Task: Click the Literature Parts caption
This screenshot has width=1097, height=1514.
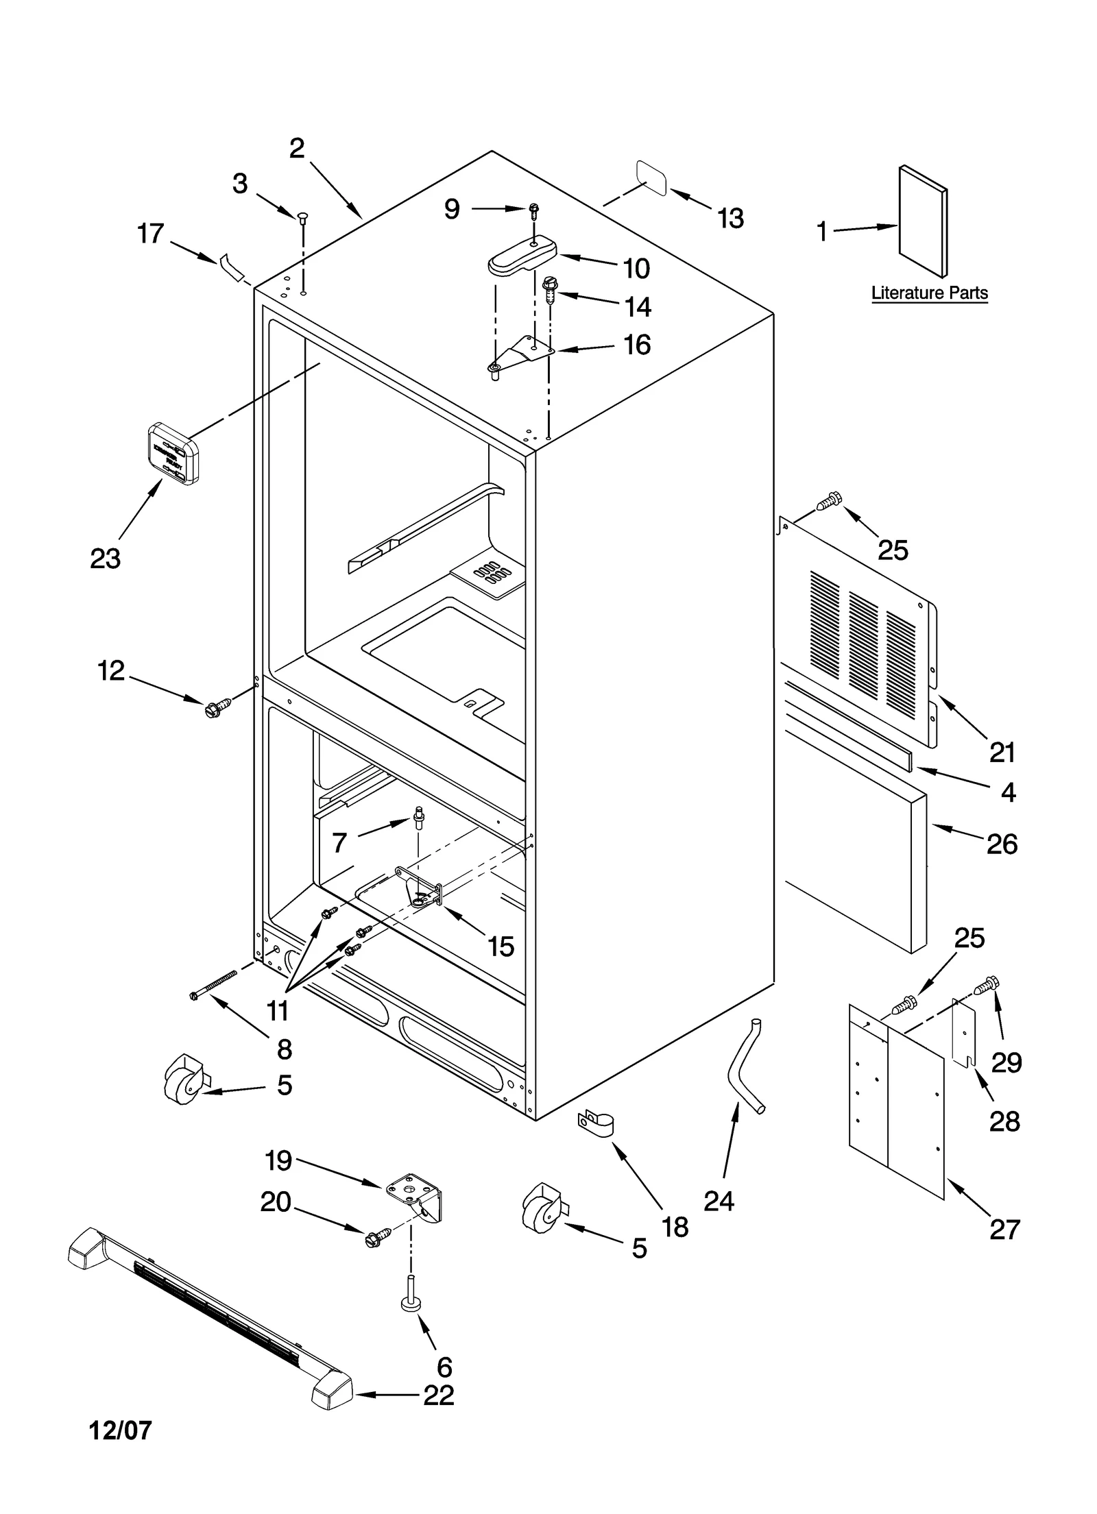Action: click(x=929, y=293)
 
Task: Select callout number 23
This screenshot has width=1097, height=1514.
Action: click(x=106, y=559)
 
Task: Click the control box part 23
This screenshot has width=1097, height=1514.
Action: click(x=173, y=454)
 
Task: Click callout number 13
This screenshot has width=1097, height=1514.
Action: click(x=730, y=219)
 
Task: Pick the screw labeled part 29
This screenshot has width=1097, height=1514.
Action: click(x=988, y=986)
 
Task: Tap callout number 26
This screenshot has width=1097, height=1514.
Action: click(x=1002, y=844)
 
